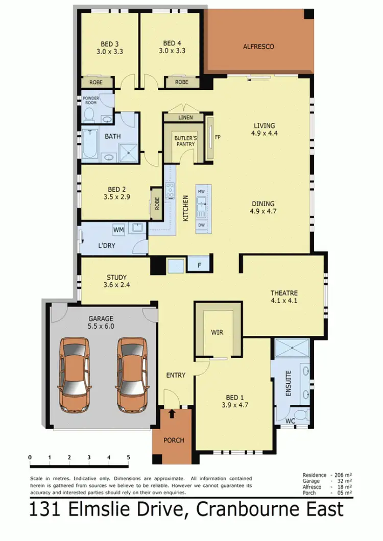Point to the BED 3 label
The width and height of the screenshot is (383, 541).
click(110, 43)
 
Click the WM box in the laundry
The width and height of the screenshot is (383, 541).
click(118, 230)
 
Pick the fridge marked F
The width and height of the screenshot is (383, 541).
click(199, 265)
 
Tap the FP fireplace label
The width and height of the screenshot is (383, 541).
click(218, 137)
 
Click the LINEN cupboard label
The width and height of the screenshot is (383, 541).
click(185, 118)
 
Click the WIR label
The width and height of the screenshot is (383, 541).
click(218, 332)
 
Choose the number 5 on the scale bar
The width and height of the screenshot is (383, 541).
click(129, 457)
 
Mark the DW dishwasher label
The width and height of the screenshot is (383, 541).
click(202, 225)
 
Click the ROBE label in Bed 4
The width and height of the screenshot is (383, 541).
click(181, 82)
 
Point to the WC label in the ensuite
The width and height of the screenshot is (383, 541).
click(290, 421)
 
